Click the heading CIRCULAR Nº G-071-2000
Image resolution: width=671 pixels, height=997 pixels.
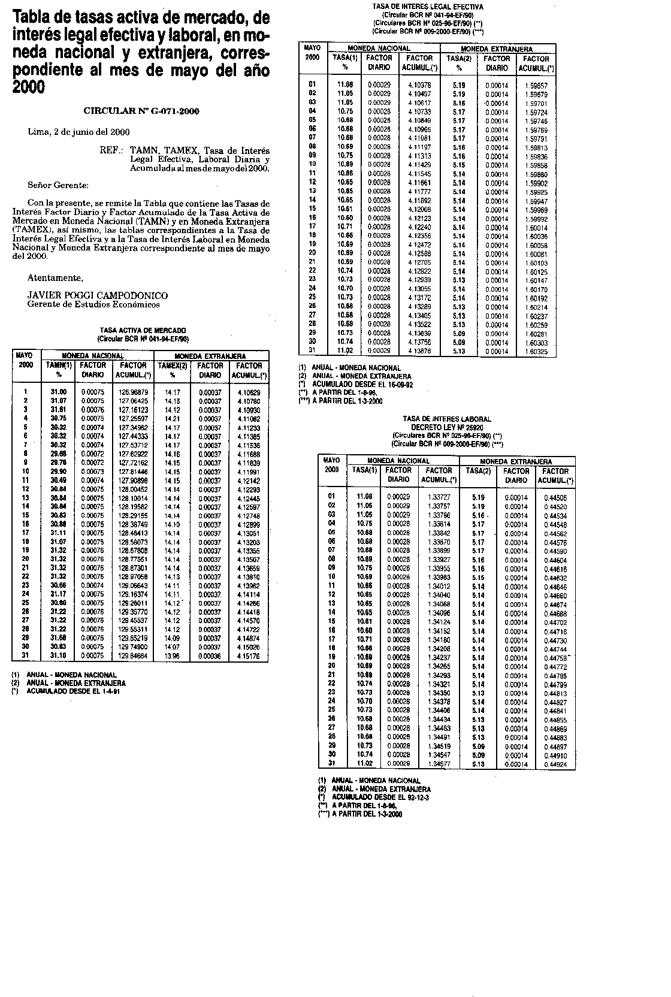pos(141,111)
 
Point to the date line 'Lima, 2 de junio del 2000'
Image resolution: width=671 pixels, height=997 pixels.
pos(79,132)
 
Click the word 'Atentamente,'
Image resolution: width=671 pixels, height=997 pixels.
pos(55,278)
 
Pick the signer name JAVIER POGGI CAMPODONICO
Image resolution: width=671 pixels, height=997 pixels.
pos(98,295)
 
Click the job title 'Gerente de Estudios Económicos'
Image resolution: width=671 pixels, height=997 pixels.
pos(93,304)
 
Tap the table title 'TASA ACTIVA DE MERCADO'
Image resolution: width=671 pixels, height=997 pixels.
pos(143,330)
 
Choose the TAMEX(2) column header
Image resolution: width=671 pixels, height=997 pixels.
pos(173,365)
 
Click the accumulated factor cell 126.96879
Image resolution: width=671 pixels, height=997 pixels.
pos(133,392)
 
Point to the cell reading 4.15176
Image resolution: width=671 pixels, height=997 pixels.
pos(249,657)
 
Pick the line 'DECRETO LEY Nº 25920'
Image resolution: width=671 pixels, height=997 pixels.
pos(447,427)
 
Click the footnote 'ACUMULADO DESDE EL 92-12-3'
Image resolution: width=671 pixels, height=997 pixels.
pos(380,797)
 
